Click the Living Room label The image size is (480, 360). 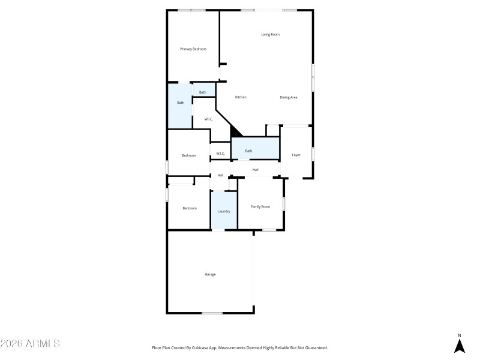tap(270, 34)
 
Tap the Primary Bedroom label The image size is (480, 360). tap(193, 49)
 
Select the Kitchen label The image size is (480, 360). tap(241, 97)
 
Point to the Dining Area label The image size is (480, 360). tap(289, 97)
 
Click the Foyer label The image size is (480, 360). tap(296, 155)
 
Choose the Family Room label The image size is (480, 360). tap(260, 206)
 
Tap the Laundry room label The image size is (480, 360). tap(224, 211)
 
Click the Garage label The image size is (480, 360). tap(210, 274)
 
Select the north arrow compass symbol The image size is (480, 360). tap(460, 345)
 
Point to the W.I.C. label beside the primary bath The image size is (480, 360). tap(208, 119)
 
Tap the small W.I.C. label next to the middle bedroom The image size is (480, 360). tap(220, 154)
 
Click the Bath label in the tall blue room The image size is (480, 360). tap(181, 103)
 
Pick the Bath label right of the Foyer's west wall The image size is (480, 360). tap(248, 151)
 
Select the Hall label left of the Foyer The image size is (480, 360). tap(255, 170)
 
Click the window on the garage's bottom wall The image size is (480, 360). tap(212, 313)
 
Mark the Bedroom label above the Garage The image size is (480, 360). tap(190, 208)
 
